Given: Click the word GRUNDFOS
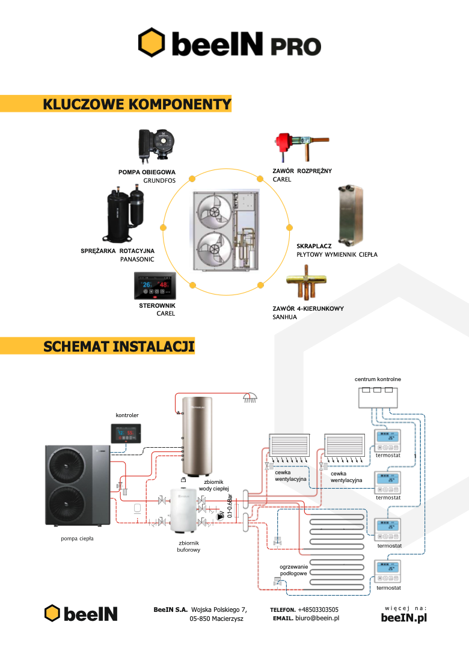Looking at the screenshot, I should (x=159, y=180).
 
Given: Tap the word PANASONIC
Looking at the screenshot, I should (x=138, y=259).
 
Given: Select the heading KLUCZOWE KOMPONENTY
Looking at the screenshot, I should (x=137, y=105).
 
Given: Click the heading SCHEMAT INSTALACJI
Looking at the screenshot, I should (x=119, y=346).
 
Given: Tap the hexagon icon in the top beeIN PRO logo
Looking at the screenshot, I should (x=152, y=43).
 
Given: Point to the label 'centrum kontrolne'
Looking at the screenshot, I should (x=378, y=379).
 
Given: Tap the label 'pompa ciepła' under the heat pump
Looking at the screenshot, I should (x=77, y=539).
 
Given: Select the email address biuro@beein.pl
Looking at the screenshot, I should (x=317, y=618).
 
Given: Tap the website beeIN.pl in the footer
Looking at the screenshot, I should (x=403, y=618).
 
